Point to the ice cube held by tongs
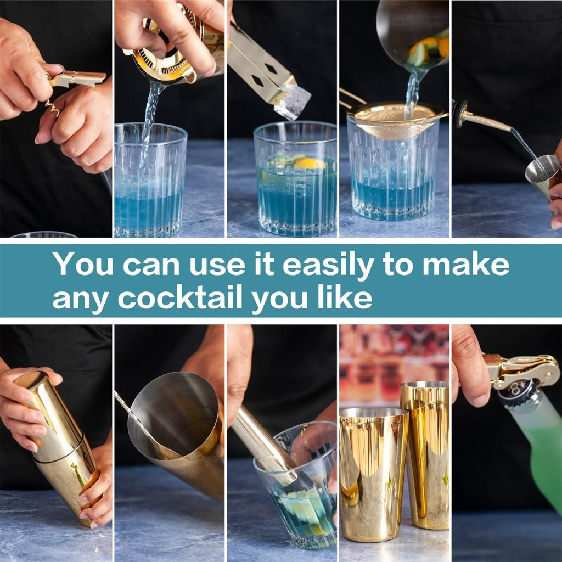click(292, 102)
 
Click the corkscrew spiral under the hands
click(53, 106)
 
